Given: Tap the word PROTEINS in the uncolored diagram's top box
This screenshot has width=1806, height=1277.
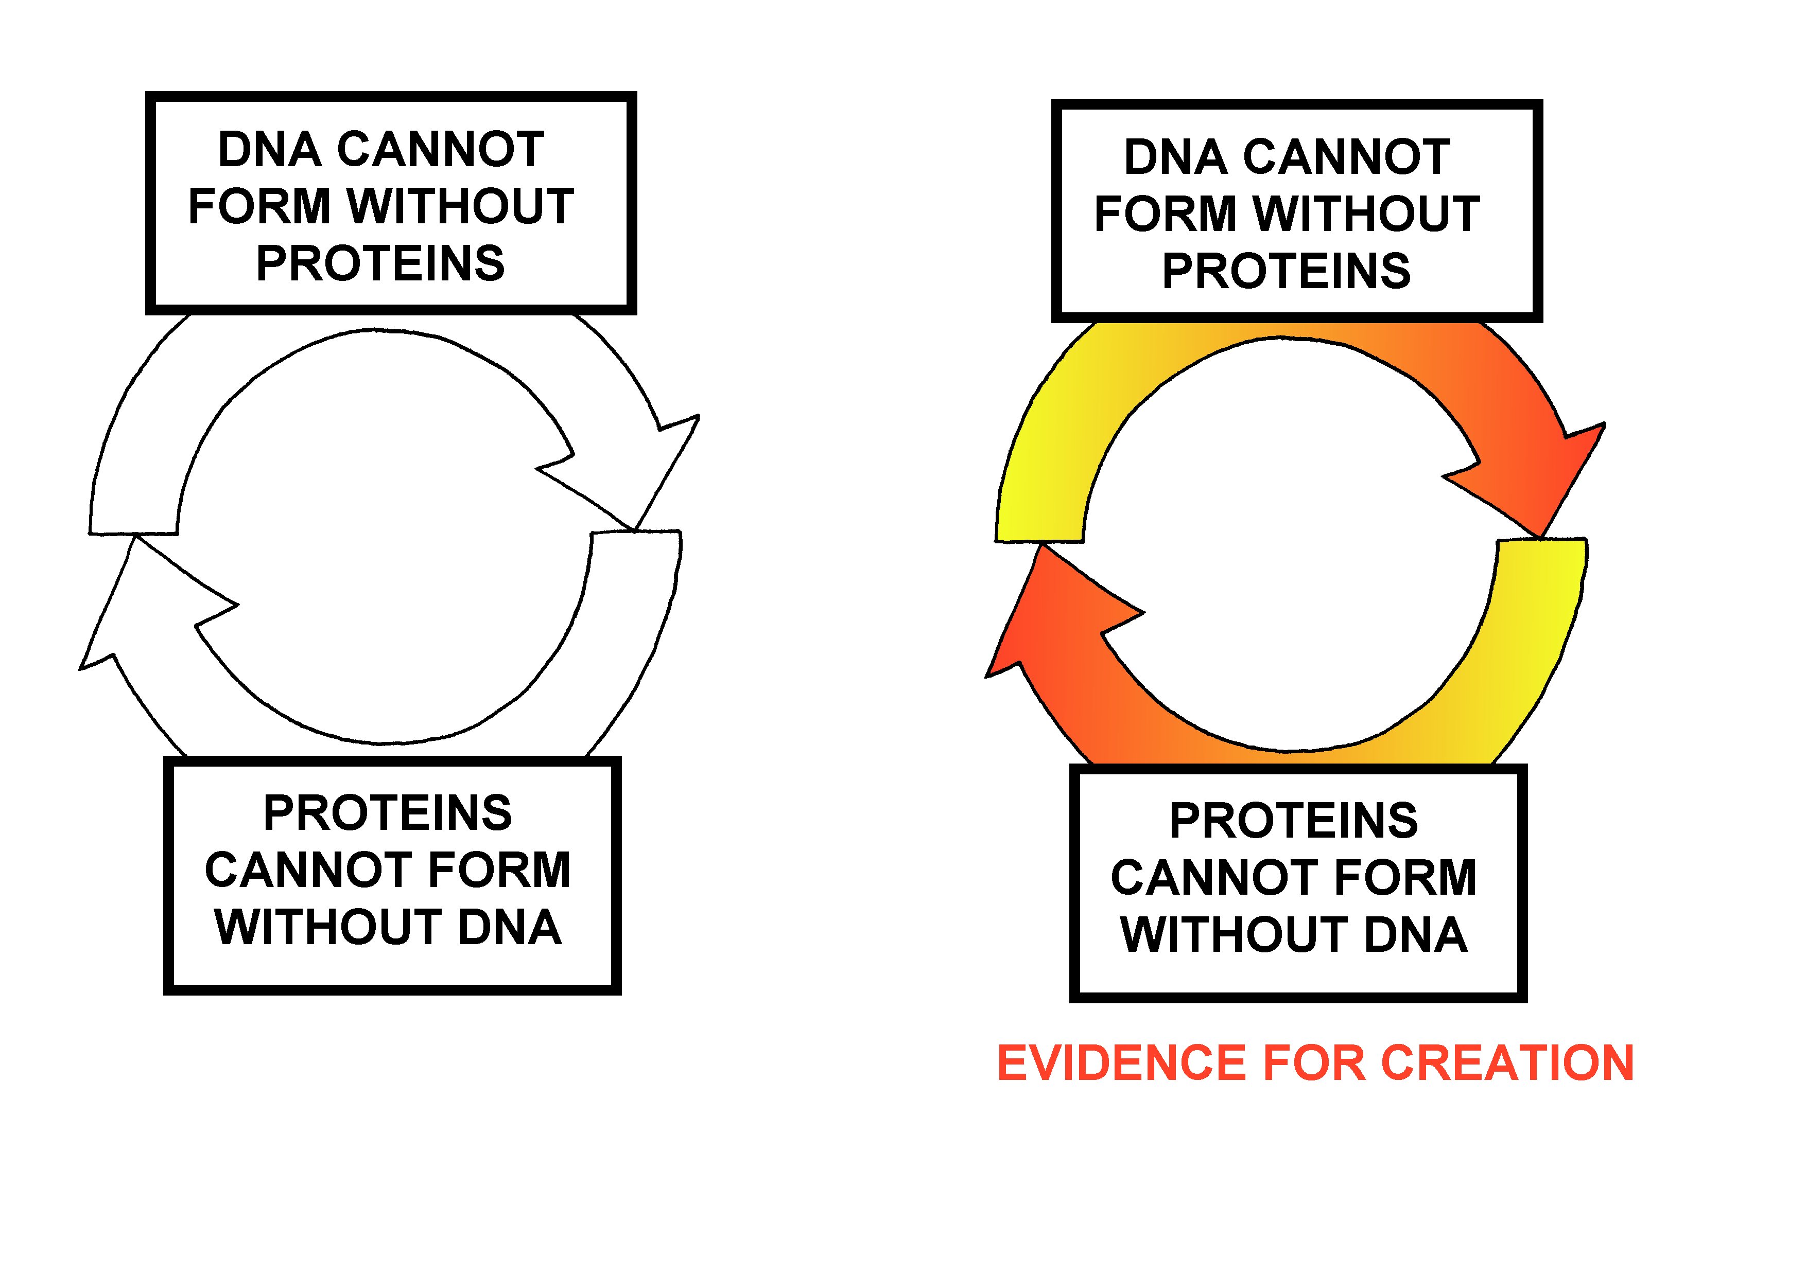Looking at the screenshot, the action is tap(380, 263).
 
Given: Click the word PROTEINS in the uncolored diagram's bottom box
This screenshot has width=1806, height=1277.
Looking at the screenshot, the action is tap(388, 813).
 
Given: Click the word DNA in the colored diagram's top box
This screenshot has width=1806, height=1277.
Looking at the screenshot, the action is tap(1176, 157).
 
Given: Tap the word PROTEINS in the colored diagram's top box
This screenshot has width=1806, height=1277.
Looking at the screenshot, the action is tap(1287, 271).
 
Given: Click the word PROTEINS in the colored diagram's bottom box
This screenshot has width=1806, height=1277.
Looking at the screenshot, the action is tap(1294, 821).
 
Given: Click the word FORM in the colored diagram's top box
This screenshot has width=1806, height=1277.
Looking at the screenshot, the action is tap(1165, 214).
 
